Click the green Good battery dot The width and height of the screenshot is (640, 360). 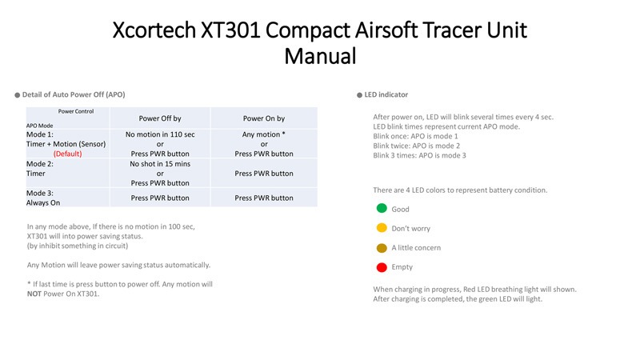[382, 209]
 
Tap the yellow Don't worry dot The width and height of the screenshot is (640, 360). [382, 228]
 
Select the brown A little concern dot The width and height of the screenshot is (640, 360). [382, 247]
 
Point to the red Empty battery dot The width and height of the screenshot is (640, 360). [382, 266]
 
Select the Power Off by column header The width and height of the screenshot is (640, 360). [160, 118]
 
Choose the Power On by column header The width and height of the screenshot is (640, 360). [264, 118]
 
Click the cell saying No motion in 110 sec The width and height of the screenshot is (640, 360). [160, 134]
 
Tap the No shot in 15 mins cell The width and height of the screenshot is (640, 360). [160, 163]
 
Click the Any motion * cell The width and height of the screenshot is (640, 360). [264, 134]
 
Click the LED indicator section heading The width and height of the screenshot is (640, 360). [386, 94]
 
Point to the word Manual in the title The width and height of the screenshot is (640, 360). [320, 57]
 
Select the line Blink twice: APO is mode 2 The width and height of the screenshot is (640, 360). [416, 146]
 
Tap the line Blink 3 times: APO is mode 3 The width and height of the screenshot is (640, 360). [419, 155]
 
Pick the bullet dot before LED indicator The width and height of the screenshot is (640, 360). [359, 94]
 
